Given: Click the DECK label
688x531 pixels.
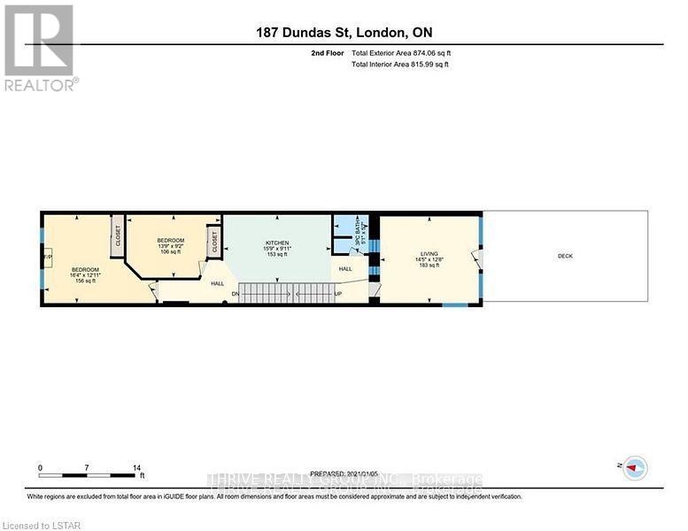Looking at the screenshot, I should tap(565, 257).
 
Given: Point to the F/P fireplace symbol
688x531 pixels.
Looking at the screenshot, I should tap(50, 259).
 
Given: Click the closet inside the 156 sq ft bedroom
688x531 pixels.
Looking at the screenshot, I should tap(117, 235).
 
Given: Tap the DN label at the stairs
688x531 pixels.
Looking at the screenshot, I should tap(236, 294).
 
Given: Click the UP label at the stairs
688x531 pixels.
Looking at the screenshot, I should tap(337, 294).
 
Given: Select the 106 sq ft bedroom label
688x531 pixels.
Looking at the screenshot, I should tap(170, 245).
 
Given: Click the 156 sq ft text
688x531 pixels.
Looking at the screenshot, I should tap(85, 281).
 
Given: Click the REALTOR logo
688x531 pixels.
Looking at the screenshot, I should tap(40, 48).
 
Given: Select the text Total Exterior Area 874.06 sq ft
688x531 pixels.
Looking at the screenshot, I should tap(407, 53).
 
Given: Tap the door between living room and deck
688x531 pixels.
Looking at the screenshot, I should tap(476, 259).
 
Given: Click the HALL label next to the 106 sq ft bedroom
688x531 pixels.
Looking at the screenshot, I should tap(217, 283).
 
